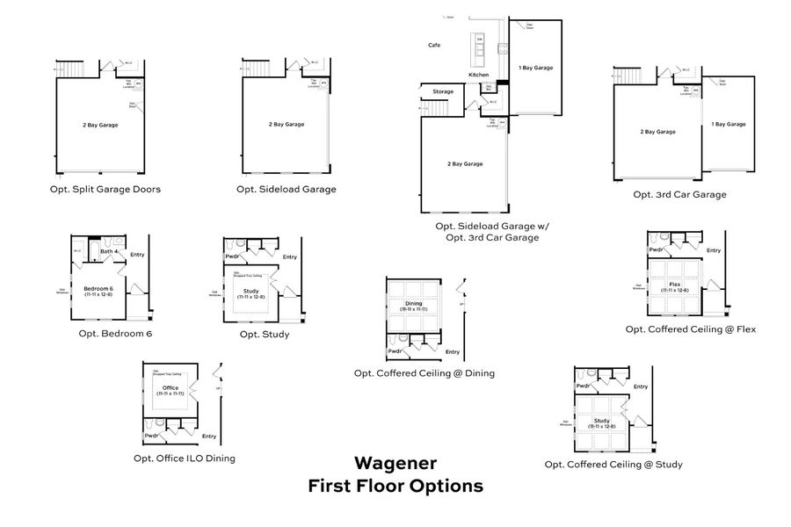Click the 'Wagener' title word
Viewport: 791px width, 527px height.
pos(395,462)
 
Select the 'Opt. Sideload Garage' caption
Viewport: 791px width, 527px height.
pos(287,189)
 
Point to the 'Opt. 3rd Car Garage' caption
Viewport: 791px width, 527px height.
pos(679,195)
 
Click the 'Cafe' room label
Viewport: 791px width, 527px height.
pos(434,45)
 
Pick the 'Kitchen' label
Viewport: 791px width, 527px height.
pos(478,76)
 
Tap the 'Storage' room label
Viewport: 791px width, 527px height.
pos(443,91)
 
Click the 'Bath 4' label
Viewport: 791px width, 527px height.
pos(108,253)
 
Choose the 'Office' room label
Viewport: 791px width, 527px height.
pos(171,387)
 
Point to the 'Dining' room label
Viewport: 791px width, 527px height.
pos(413,303)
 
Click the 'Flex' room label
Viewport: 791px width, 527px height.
pos(675,285)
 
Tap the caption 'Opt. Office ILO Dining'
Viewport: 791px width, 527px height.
pos(184,458)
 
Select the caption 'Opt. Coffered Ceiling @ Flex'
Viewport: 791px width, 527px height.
pos(690,329)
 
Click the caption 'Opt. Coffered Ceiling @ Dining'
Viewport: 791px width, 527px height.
pos(424,373)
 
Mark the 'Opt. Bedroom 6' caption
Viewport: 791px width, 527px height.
pos(115,334)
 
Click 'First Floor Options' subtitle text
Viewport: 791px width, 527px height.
pos(395,486)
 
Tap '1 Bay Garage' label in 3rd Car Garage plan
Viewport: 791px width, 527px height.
pos(729,125)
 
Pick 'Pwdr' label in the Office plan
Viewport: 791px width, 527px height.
pos(152,436)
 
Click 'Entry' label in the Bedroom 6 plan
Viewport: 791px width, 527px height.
pos(137,255)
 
